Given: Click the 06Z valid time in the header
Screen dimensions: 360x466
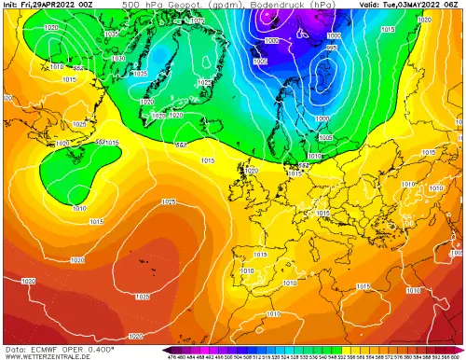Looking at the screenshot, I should click(455, 5).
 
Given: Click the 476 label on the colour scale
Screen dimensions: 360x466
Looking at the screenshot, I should click(171, 355).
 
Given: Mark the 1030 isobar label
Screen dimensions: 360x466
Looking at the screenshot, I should click(117, 58).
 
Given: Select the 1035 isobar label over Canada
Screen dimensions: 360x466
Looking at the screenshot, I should click(140, 73).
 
